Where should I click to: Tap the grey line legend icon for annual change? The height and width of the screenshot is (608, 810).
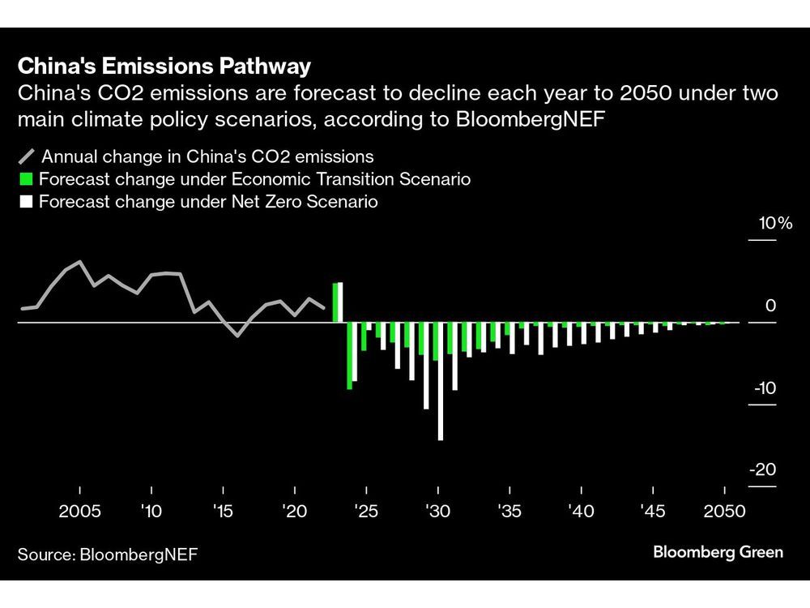click(26, 156)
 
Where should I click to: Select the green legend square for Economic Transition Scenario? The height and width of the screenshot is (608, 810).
click(26, 179)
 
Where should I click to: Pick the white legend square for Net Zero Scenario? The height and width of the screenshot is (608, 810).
click(26, 201)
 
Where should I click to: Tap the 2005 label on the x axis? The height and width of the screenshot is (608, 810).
click(79, 512)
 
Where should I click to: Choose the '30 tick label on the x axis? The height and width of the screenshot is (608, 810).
click(437, 512)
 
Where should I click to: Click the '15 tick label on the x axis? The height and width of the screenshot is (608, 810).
click(223, 512)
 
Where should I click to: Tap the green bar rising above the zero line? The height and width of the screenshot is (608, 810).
click(335, 303)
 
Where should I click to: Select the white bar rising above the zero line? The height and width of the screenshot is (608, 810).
click(341, 302)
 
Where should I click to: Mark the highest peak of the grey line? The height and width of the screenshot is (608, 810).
click(79, 262)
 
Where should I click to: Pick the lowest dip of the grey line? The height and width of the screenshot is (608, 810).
click(237, 335)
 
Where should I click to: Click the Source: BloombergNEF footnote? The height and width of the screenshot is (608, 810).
click(108, 554)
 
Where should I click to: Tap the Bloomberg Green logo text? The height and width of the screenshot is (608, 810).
click(718, 552)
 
